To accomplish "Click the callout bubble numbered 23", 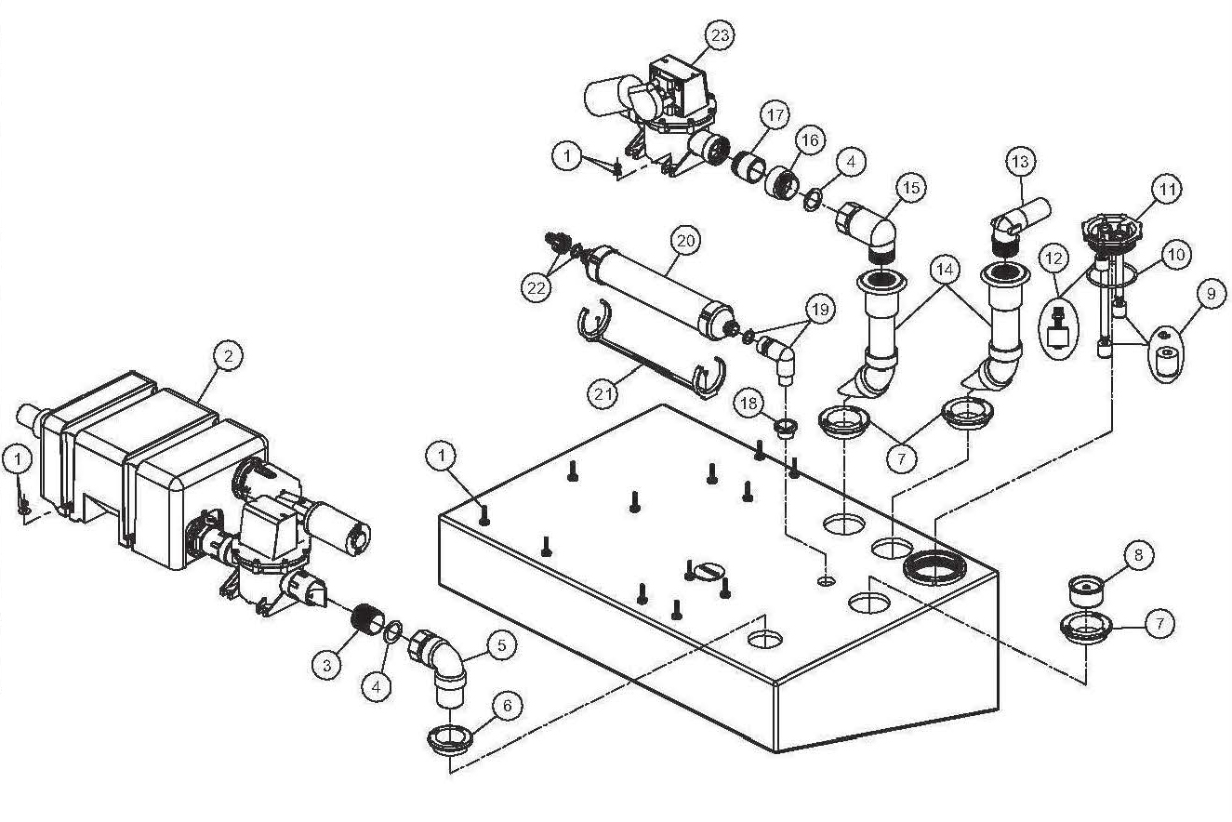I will click(x=720, y=35).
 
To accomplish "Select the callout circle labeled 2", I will click(x=229, y=354).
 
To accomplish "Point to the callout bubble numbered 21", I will click(x=602, y=393).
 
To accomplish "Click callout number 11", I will click(x=1167, y=190).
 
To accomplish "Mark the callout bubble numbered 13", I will click(x=1020, y=162).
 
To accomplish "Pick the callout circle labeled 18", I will click(x=750, y=403).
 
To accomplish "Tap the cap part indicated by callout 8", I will click(x=1087, y=588).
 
